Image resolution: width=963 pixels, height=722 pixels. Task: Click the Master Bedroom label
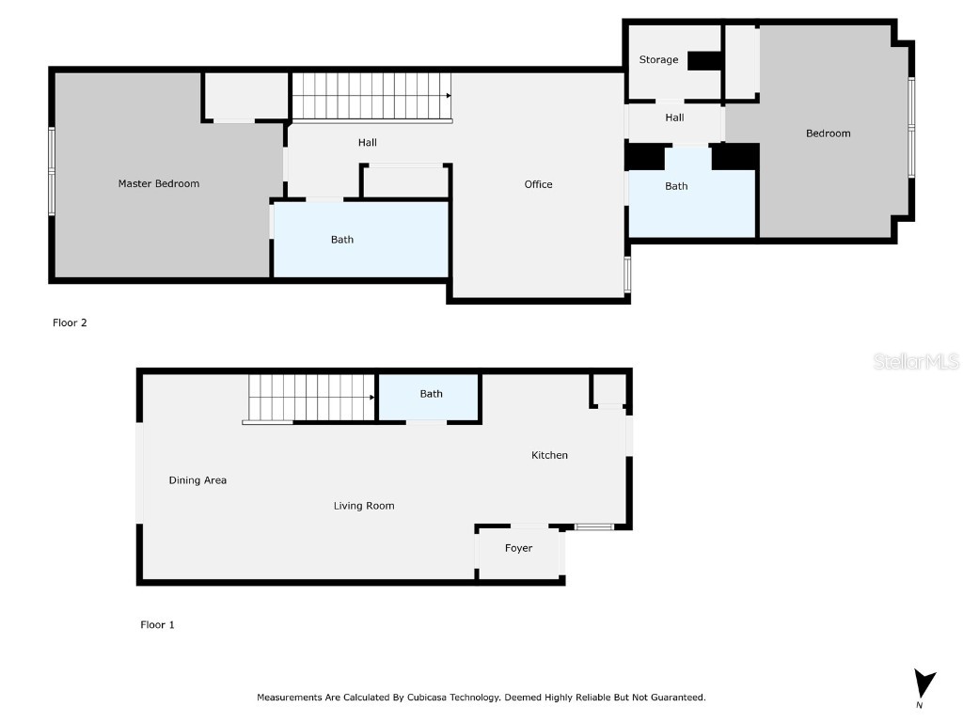pyautogui.click(x=158, y=183)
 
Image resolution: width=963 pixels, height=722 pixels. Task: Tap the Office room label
pyautogui.click(x=538, y=184)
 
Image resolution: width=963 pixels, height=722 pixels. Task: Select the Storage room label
pyautogui.click(x=658, y=59)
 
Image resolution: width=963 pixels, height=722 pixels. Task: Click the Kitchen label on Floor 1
pyautogui.click(x=549, y=455)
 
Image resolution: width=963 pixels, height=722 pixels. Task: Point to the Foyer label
pyautogui.click(x=518, y=548)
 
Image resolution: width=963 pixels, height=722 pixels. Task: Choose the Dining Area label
pyautogui.click(x=197, y=480)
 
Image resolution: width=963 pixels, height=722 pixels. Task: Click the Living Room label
pyautogui.click(x=364, y=506)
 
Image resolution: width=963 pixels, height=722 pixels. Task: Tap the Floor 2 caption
pyautogui.click(x=70, y=322)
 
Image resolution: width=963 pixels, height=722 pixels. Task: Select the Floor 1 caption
pyautogui.click(x=157, y=624)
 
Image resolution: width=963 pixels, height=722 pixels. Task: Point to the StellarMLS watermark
pyautogui.click(x=916, y=361)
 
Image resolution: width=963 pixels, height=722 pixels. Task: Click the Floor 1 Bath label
pyautogui.click(x=431, y=394)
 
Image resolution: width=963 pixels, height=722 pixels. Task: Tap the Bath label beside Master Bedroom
pyautogui.click(x=342, y=240)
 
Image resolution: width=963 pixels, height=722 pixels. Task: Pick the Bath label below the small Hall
pyautogui.click(x=676, y=186)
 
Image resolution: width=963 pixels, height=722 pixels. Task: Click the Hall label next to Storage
pyautogui.click(x=674, y=118)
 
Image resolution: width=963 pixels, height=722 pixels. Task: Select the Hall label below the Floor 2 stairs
pyautogui.click(x=367, y=143)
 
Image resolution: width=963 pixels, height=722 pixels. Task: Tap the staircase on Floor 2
pyautogui.click(x=371, y=96)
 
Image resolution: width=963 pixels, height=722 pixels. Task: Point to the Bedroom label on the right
pyautogui.click(x=828, y=133)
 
